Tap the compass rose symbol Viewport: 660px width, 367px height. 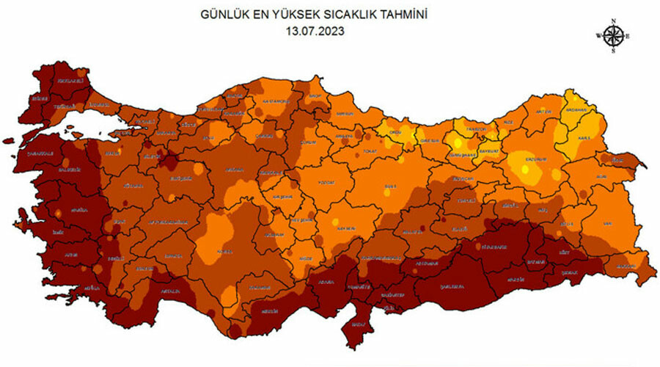(615, 35)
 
